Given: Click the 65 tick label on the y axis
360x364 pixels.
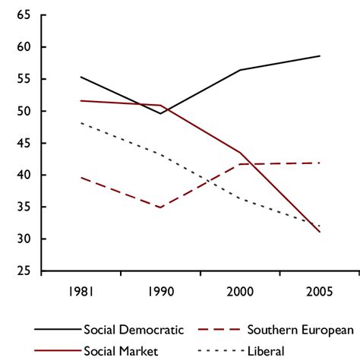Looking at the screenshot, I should pos(23,15).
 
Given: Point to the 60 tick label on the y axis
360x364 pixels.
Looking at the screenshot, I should pos(23,47).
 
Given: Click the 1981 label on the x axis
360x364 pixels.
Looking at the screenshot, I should pos(81,291).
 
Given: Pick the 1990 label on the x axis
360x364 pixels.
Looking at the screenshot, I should pos(160,291).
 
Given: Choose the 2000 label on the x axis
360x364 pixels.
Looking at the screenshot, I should pos(240,291).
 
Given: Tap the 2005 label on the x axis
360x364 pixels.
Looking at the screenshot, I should pos(320,291).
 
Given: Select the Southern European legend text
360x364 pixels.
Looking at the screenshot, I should pos(302,330).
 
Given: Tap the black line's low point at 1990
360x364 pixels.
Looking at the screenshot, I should pos(160,113).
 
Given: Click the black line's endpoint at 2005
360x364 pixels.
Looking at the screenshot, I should pos(320,55).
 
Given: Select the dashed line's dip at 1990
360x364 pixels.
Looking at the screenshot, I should pos(160,207).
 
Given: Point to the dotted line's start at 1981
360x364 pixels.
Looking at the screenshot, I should pos(81,123).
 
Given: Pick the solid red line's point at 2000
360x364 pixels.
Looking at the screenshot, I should pos(240,153).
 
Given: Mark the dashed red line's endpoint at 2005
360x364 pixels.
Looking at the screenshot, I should pos(320,163).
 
